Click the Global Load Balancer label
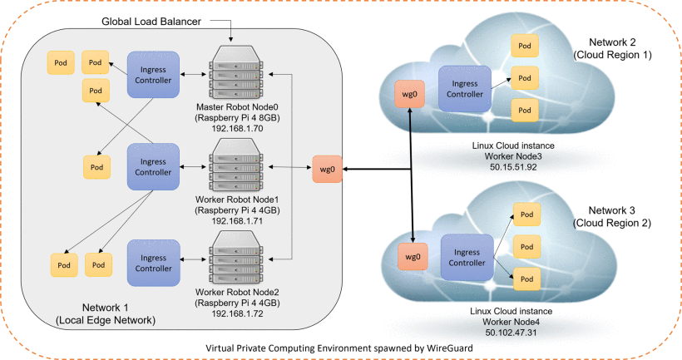click(151, 21)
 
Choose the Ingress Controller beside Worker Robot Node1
click(152, 165)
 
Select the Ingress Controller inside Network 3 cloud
click(465, 256)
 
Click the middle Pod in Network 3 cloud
click(525, 246)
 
